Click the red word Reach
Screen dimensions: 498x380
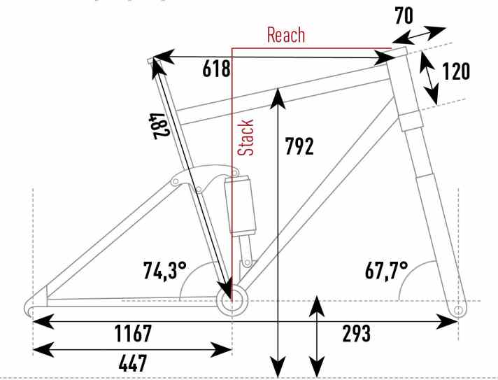pos(286,35)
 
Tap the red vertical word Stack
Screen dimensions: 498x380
pos(246,138)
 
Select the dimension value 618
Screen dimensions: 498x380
pos(216,69)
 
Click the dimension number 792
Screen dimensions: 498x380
pos(299,146)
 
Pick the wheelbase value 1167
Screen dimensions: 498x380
pos(133,333)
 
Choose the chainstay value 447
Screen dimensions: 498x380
pos(133,363)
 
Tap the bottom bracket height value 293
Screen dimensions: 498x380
pos(356,333)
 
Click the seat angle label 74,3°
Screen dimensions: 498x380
pos(164,271)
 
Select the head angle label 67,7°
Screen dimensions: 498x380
pos(386,271)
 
